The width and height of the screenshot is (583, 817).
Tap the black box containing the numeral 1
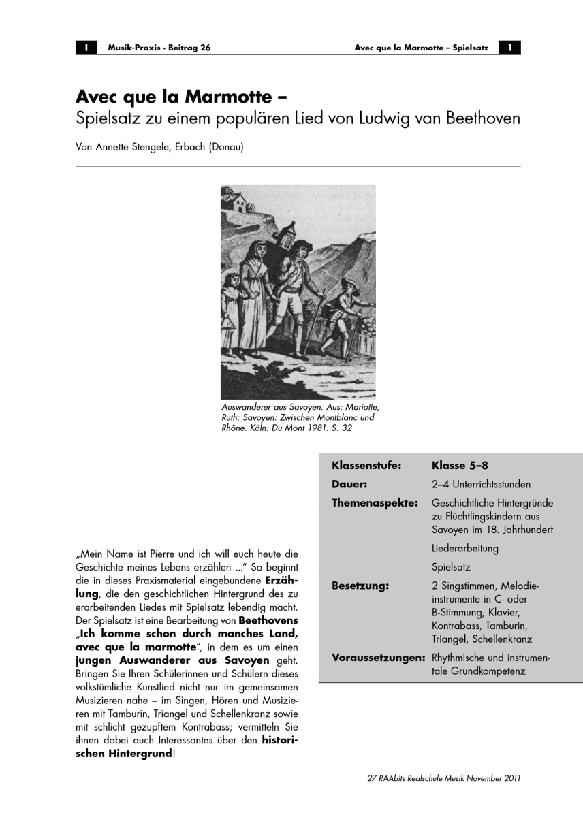[x=509, y=48]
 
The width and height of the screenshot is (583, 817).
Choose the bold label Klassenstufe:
[x=366, y=466]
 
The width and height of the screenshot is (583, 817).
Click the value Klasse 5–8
[x=460, y=466]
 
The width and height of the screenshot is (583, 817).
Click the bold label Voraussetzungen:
[x=379, y=658]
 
